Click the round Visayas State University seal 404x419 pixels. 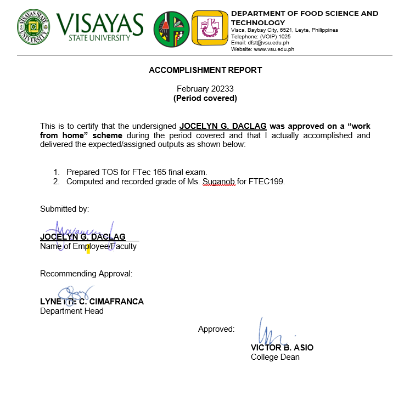point(33,26)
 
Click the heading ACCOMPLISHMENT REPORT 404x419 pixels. point(205,70)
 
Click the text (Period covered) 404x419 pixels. point(205,98)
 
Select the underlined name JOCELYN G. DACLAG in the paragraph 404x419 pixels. point(223,126)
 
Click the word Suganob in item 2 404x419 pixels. point(219,182)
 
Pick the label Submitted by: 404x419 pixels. point(64,209)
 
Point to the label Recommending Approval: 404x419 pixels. point(86,274)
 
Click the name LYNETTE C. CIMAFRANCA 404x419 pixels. point(92,302)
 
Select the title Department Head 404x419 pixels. point(72,311)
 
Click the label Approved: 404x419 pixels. point(216,329)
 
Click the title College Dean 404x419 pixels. point(275,357)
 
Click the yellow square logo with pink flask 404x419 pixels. point(210,27)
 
